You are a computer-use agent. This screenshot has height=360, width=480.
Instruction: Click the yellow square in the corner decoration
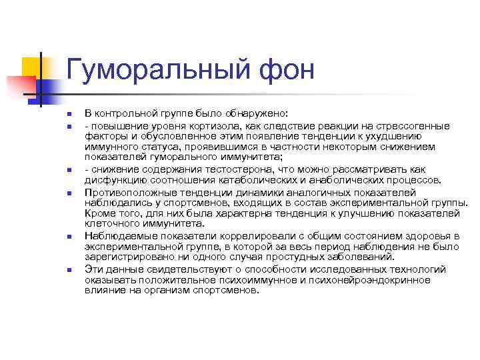pyautogui.click(x=32, y=67)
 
